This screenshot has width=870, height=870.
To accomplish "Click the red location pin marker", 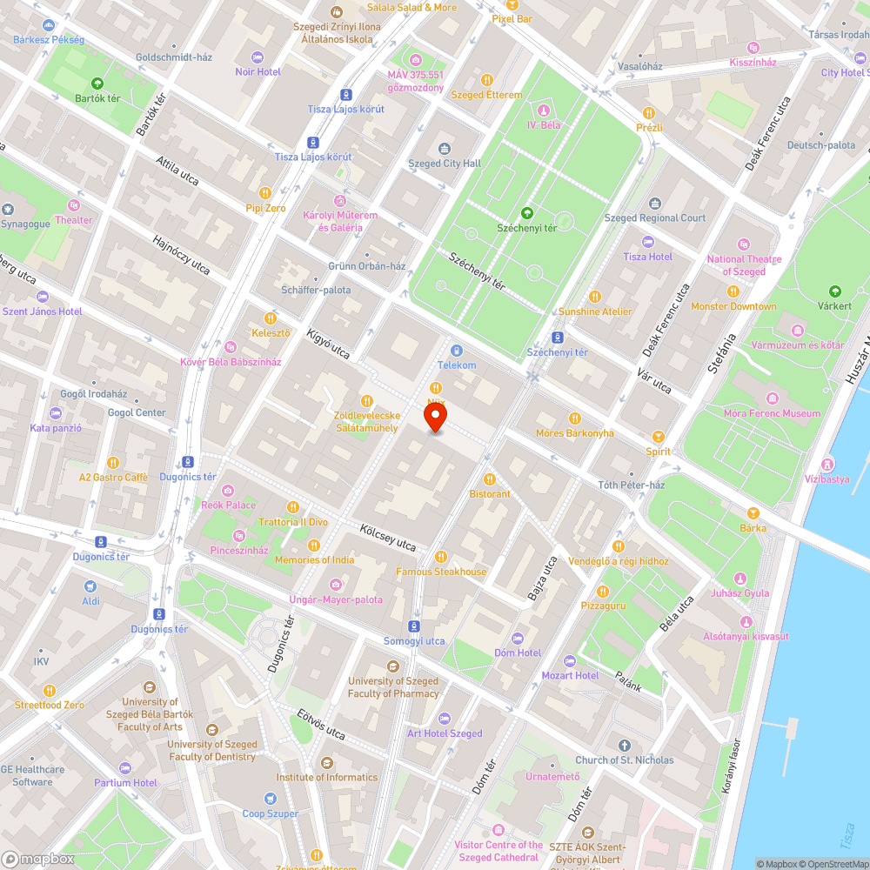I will click(435, 418).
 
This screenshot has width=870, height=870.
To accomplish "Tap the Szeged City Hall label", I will click(444, 164).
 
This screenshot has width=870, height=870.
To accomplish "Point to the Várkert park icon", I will click(835, 291).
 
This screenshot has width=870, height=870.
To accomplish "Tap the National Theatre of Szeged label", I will click(744, 265).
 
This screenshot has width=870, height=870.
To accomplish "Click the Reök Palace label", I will click(229, 505).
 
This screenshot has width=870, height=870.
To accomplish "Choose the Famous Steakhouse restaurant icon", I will click(441, 556).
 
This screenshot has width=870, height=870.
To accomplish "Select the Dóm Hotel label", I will click(517, 652).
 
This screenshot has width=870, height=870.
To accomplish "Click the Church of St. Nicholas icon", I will click(624, 745).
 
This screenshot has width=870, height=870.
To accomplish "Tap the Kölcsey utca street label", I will click(388, 536).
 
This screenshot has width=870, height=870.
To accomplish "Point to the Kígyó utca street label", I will click(328, 344).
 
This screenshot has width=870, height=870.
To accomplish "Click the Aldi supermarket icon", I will click(91, 586).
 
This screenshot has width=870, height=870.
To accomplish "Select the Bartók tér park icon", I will click(97, 84).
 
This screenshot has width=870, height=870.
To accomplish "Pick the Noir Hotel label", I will click(258, 71).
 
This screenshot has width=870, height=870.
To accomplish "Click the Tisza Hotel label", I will click(648, 257).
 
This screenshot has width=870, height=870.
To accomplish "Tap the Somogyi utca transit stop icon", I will click(414, 626).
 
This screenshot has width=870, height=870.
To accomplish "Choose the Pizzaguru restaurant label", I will click(603, 604).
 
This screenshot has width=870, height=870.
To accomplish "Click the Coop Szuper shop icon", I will click(271, 799).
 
